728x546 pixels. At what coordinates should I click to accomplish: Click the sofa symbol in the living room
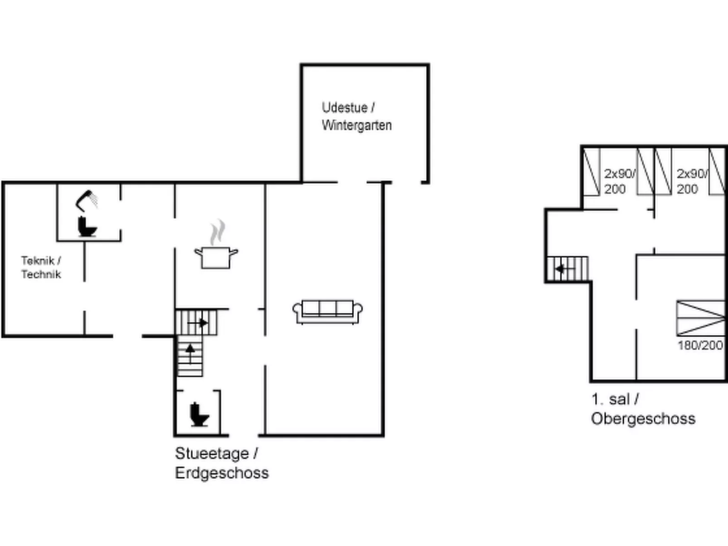click(327, 312)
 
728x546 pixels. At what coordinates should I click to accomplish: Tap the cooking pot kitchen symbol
click(216, 257)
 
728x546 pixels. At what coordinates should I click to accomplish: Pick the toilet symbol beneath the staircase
click(199, 415)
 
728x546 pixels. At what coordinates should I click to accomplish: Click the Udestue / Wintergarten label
click(357, 116)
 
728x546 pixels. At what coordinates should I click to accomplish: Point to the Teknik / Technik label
click(41, 267)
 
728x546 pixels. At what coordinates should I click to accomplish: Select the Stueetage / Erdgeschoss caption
click(222, 463)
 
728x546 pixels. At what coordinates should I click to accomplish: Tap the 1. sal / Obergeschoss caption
click(643, 409)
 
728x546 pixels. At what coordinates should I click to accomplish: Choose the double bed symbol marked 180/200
click(701, 318)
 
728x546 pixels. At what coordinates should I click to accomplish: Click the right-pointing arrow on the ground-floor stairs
click(198, 323)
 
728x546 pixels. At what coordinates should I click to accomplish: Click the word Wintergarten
click(357, 126)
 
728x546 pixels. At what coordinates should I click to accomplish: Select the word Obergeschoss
click(643, 419)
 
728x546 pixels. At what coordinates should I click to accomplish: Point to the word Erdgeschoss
click(222, 473)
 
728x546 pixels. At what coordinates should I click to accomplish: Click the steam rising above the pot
click(217, 232)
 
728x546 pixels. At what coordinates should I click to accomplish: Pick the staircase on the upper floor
click(568, 269)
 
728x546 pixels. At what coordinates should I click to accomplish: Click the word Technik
click(41, 275)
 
